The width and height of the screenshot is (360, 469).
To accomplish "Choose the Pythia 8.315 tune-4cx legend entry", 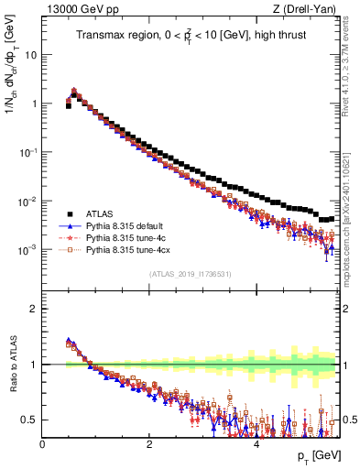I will pyautogui.click(x=125, y=248).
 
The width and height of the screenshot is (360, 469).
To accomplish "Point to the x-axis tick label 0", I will pyautogui.click(x=43, y=444).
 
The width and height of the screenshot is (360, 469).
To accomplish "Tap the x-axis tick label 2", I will pyautogui.click(x=149, y=444).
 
